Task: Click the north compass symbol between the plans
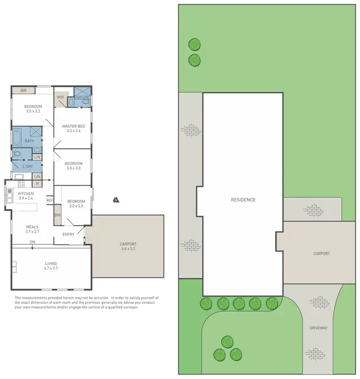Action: [x=115, y=200]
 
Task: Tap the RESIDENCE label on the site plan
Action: [x=243, y=200]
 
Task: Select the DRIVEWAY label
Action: [x=318, y=328]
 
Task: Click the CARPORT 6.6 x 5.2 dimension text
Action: [x=128, y=247]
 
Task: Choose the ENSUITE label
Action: [x=82, y=98]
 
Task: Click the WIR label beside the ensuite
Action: [x=60, y=97]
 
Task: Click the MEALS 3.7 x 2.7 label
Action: [x=32, y=230]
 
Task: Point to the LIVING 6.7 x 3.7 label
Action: [x=51, y=266]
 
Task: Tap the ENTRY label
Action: [x=69, y=234]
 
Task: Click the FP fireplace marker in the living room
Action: [x=14, y=267]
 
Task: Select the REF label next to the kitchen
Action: [x=49, y=200]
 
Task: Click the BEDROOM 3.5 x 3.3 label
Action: [x=33, y=109]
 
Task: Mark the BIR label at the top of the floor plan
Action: [x=23, y=90]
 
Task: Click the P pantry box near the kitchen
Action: [x=36, y=184]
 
